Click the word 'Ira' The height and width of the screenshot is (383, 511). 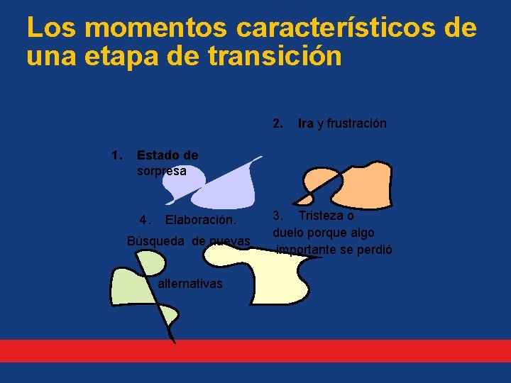coord(306,123)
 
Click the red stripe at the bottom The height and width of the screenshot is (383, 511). coord(255,351)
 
